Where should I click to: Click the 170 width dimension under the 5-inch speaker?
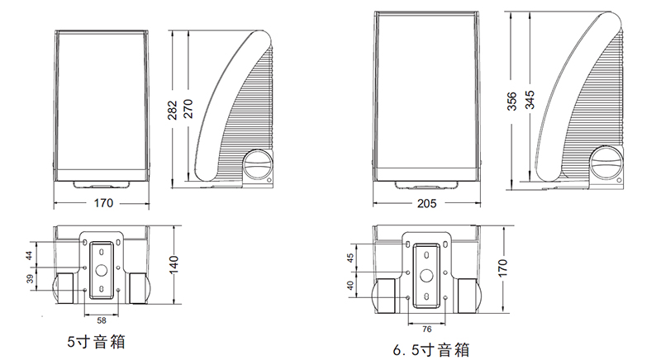103,203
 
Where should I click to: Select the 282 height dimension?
173,110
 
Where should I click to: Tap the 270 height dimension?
188,109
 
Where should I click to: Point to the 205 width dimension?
426,204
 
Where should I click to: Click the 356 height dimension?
511,101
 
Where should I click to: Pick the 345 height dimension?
530,100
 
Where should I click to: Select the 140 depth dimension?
174,264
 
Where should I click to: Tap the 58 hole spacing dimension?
102,321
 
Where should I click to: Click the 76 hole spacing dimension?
426,329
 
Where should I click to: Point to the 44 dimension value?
29,255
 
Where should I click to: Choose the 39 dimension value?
30,279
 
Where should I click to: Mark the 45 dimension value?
350,258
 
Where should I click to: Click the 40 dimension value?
350,286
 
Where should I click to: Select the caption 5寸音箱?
96,342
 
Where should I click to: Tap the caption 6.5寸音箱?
431,349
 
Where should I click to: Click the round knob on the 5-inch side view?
257,164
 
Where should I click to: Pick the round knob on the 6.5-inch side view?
606,163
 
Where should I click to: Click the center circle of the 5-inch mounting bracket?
102,270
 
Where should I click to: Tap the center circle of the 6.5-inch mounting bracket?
426,276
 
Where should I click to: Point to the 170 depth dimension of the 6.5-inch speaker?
502,268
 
